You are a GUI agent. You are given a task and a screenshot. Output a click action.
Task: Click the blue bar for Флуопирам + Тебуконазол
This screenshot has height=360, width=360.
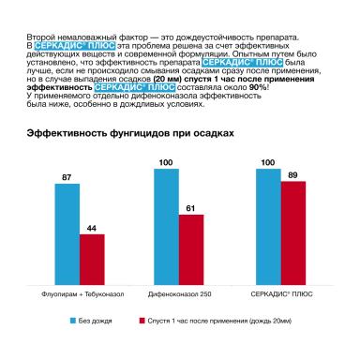click(67, 231)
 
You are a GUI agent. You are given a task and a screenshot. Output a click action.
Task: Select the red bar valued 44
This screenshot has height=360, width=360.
click(92, 256)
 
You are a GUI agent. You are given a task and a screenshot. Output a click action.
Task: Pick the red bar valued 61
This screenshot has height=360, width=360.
click(192, 247)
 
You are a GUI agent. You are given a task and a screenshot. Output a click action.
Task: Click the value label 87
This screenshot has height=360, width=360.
click(67, 176)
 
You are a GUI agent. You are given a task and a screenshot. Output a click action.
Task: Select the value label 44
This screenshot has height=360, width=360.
click(92, 228)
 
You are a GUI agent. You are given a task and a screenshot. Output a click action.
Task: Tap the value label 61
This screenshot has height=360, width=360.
click(192, 207)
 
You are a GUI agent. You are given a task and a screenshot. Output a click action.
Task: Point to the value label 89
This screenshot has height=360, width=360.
click(293, 174)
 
